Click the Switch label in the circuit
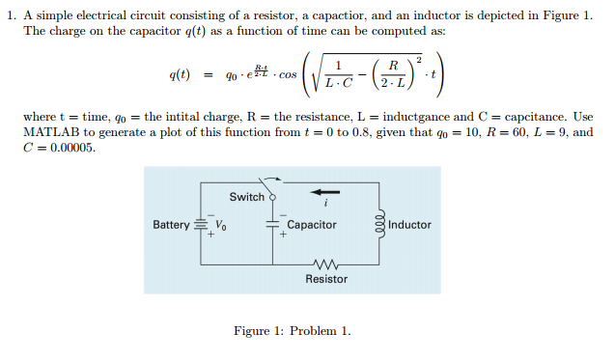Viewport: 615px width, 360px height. (246, 197)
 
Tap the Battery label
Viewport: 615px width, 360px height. (171, 225)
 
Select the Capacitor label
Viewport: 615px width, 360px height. (312, 225)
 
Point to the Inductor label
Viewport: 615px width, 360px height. (409, 225)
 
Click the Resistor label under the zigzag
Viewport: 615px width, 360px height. (326, 279)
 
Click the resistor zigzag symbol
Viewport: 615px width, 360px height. (326, 263)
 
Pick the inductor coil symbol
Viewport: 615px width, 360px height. (379, 224)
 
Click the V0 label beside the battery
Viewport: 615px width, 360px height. (220, 226)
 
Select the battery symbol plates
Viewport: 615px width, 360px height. (201, 225)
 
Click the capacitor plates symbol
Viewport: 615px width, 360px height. (272, 225)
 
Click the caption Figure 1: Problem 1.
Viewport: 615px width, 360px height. (292, 332)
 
